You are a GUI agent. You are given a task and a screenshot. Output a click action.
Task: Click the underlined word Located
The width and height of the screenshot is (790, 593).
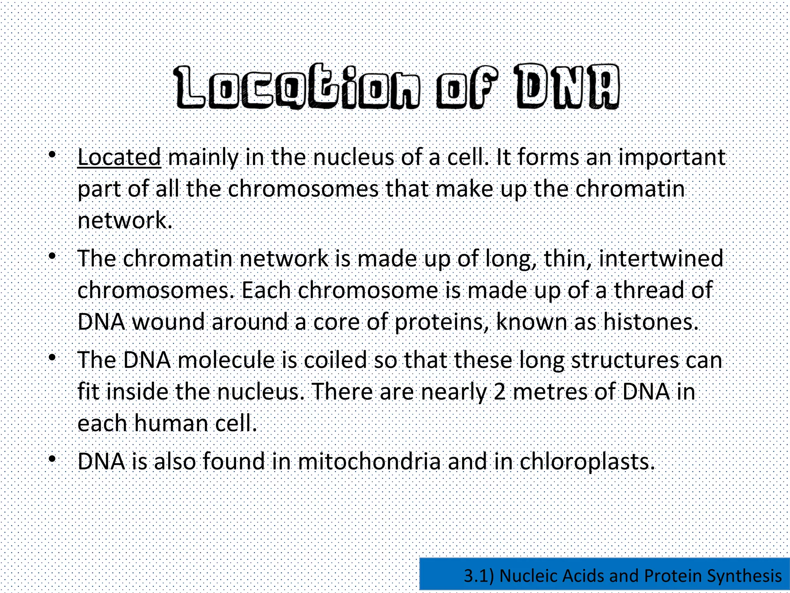tap(119, 158)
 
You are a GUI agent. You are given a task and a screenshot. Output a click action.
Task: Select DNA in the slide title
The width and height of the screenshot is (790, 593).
tap(567, 86)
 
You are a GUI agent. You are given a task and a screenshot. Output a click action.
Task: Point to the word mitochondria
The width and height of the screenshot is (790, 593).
tap(369, 461)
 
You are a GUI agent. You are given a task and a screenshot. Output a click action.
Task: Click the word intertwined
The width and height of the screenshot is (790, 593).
tap(661, 259)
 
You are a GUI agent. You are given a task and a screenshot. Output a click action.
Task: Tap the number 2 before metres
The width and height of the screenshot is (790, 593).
tap(500, 392)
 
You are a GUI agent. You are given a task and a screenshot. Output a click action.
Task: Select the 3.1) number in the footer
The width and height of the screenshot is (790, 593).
tap(478, 576)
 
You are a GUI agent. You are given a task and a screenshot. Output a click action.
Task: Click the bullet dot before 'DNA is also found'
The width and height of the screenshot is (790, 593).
tap(52, 459)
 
